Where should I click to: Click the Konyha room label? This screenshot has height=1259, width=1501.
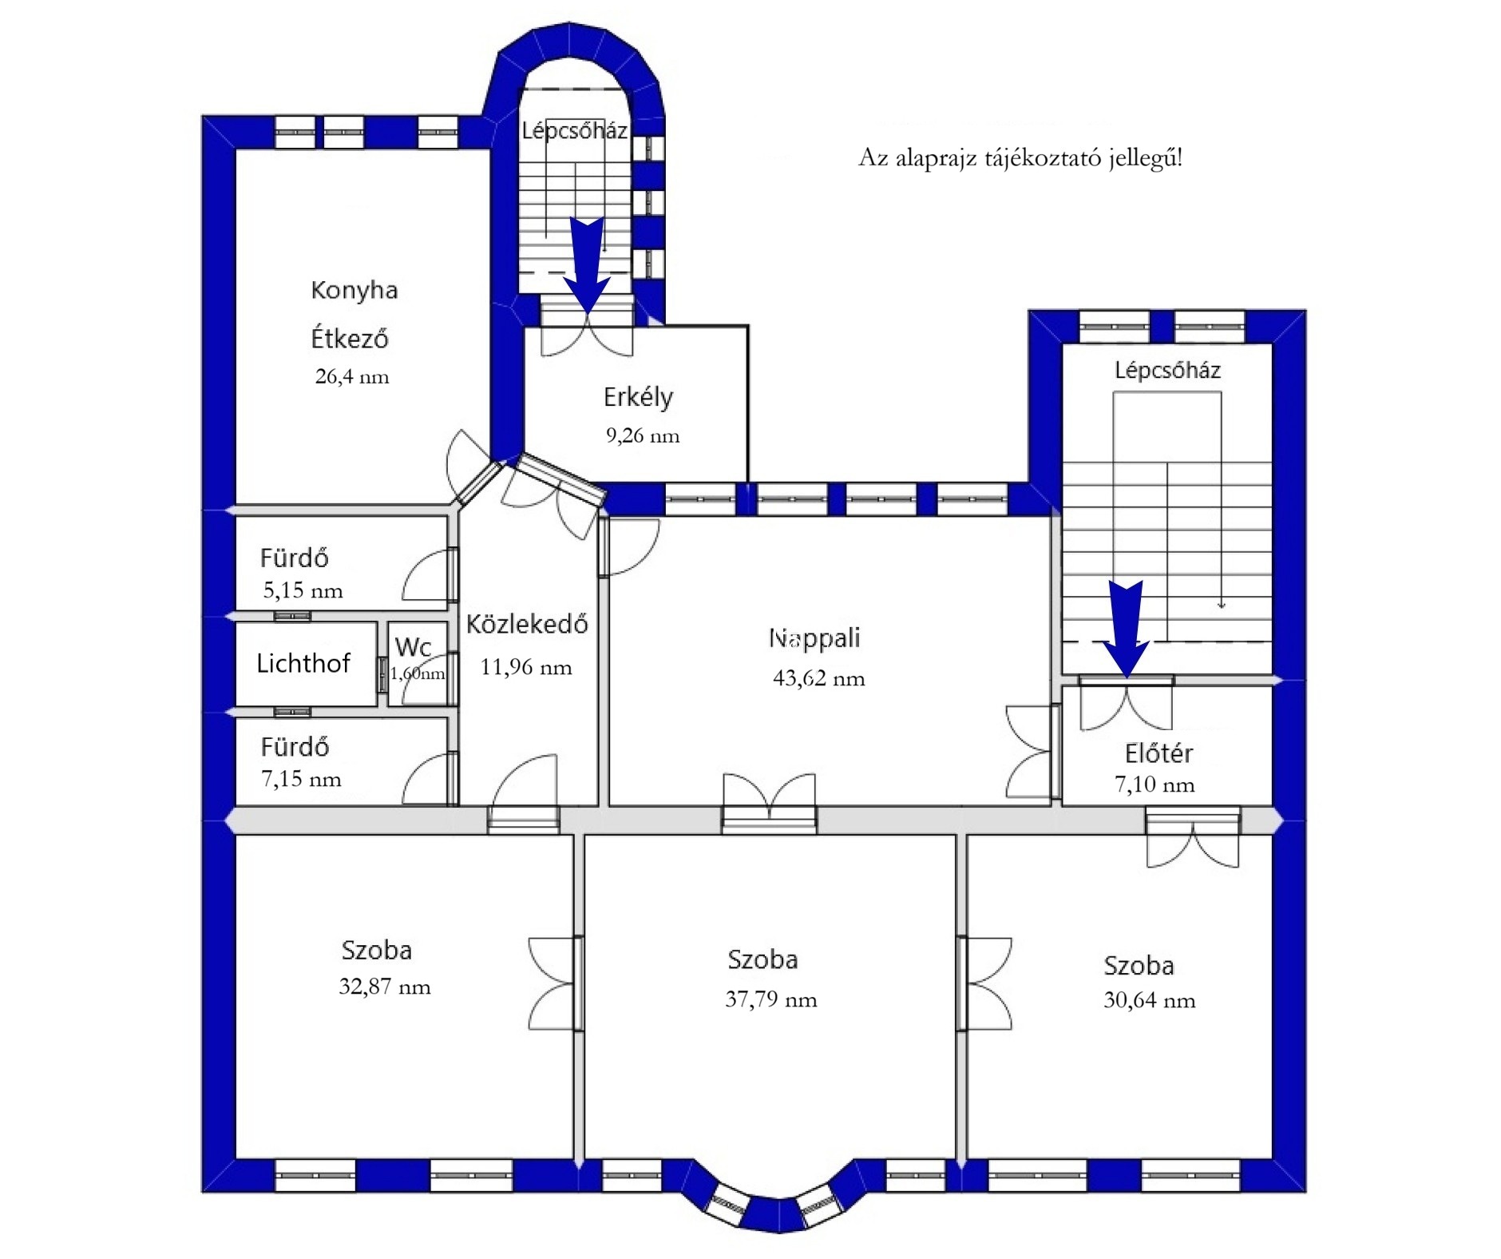[354, 289]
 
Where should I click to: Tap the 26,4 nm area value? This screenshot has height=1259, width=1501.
[352, 376]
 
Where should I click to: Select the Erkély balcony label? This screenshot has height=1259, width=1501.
[638, 397]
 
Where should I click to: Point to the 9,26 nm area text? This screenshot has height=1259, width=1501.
[643, 435]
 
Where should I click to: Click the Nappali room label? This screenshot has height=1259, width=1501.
[814, 638]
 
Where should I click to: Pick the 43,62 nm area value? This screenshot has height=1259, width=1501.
[819, 678]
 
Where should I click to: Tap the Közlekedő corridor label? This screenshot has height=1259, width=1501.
[527, 624]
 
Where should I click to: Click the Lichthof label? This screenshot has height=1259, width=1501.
[303, 663]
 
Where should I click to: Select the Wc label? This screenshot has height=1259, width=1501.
[413, 646]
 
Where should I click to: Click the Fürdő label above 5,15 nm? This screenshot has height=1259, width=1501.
[295, 558]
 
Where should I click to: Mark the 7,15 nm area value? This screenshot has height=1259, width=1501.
[301, 779]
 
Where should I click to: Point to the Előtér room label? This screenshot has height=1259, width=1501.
[1158, 753]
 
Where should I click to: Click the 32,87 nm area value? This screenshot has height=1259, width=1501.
[385, 987]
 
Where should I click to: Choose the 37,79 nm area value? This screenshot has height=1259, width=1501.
[771, 999]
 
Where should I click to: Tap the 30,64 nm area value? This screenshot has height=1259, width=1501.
[1150, 1000]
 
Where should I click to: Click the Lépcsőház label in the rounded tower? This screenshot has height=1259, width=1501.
[575, 131]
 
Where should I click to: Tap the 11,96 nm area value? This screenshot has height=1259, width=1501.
[526, 667]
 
